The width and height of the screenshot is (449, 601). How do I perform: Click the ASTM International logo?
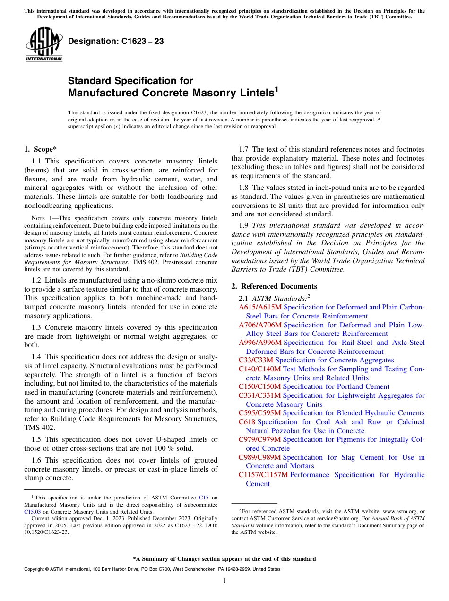(44, 44)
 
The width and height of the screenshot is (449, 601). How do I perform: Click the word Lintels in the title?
(252, 93)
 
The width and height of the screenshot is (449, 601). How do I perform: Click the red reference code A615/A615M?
(260, 307)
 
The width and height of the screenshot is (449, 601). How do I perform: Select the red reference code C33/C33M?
(256, 360)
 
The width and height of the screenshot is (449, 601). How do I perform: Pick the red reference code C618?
(247, 422)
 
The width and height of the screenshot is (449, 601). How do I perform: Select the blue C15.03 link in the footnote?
(32, 511)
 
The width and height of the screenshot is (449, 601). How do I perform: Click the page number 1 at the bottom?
(224, 580)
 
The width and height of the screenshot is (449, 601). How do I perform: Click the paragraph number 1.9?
(244, 225)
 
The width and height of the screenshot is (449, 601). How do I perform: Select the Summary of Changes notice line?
(224, 559)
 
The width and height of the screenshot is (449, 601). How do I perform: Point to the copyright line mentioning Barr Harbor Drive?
(152, 569)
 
